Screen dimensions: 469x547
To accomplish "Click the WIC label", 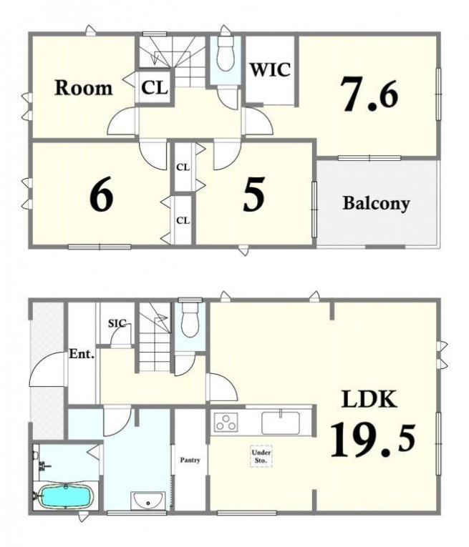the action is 270,70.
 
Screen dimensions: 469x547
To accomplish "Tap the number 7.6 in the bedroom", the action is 370,94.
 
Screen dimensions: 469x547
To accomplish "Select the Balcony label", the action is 376,203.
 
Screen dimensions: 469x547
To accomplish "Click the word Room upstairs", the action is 84,87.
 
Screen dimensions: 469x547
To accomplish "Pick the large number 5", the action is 253,194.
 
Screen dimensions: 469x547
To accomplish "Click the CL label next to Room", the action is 155,87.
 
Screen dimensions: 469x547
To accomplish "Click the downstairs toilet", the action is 190,319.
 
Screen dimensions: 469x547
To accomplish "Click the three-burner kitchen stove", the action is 226,422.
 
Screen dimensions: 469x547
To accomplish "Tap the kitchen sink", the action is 281,423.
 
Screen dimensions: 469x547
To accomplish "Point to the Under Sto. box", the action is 261,456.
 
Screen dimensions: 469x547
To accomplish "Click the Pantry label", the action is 190,460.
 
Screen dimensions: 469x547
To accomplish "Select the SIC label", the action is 117,323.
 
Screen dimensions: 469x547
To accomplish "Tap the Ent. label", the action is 82,355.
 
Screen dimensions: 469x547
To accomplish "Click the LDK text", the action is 369,400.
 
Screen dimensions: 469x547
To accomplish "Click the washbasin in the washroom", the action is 148,501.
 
